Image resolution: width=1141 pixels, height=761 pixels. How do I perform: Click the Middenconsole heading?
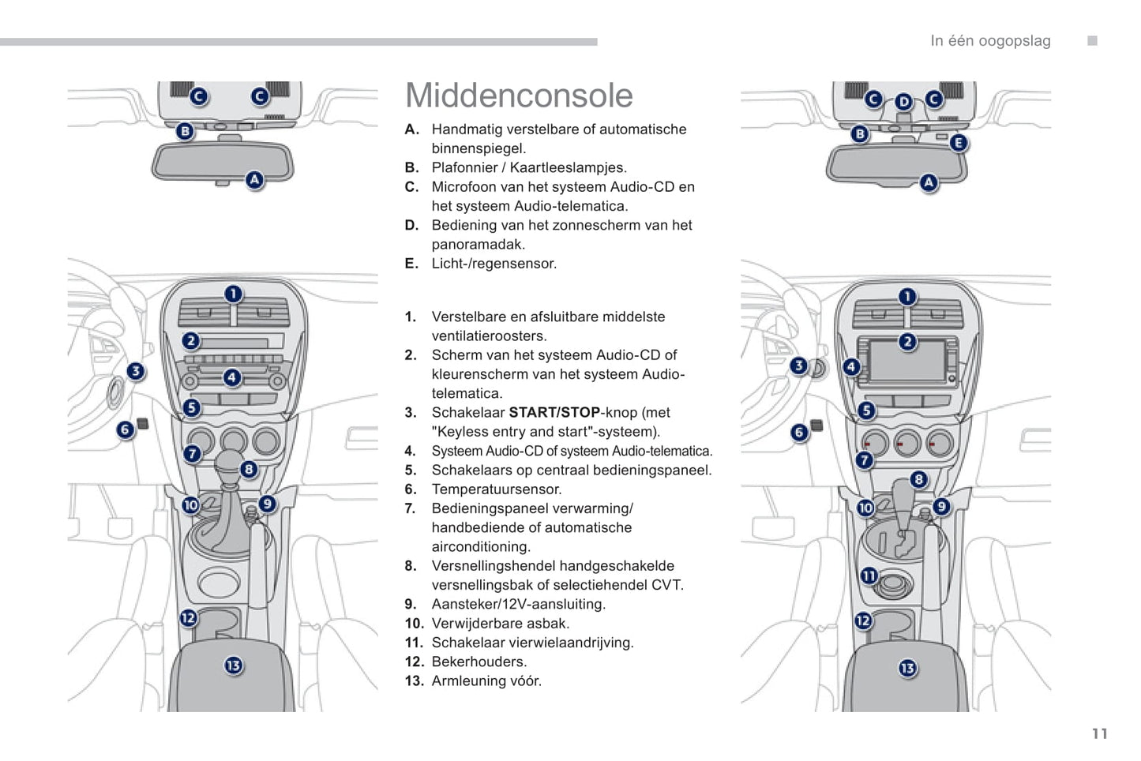(519, 96)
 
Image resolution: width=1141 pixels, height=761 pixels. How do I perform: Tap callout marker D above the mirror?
(903, 102)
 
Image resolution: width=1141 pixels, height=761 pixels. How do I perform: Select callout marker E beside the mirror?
(958, 143)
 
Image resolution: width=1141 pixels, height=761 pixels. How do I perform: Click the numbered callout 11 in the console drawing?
(869, 575)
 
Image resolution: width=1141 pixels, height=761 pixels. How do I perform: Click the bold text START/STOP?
(554, 412)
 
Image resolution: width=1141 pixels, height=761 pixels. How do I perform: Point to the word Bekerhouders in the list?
(479, 662)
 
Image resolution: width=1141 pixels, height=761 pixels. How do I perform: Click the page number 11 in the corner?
(1100, 734)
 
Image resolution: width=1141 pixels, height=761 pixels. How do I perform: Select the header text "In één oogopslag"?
(990, 41)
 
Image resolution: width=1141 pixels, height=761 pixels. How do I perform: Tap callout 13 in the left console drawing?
(233, 665)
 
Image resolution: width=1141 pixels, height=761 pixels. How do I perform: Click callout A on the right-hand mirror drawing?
(929, 183)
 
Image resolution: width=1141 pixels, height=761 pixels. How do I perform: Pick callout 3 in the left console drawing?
(136, 371)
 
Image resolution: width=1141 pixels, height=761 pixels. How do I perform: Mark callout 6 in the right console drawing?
(799, 433)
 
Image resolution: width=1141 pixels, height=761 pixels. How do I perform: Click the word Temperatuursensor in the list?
(496, 489)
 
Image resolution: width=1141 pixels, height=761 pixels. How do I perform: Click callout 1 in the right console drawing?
(907, 297)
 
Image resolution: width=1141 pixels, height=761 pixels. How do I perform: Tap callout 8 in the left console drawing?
(249, 470)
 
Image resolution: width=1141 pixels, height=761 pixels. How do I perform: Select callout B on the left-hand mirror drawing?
(185, 131)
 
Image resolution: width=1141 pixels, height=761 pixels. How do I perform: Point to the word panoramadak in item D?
(478, 244)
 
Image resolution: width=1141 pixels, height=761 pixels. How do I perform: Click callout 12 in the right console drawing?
(863, 620)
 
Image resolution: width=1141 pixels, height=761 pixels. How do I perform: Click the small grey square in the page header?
(1092, 41)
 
